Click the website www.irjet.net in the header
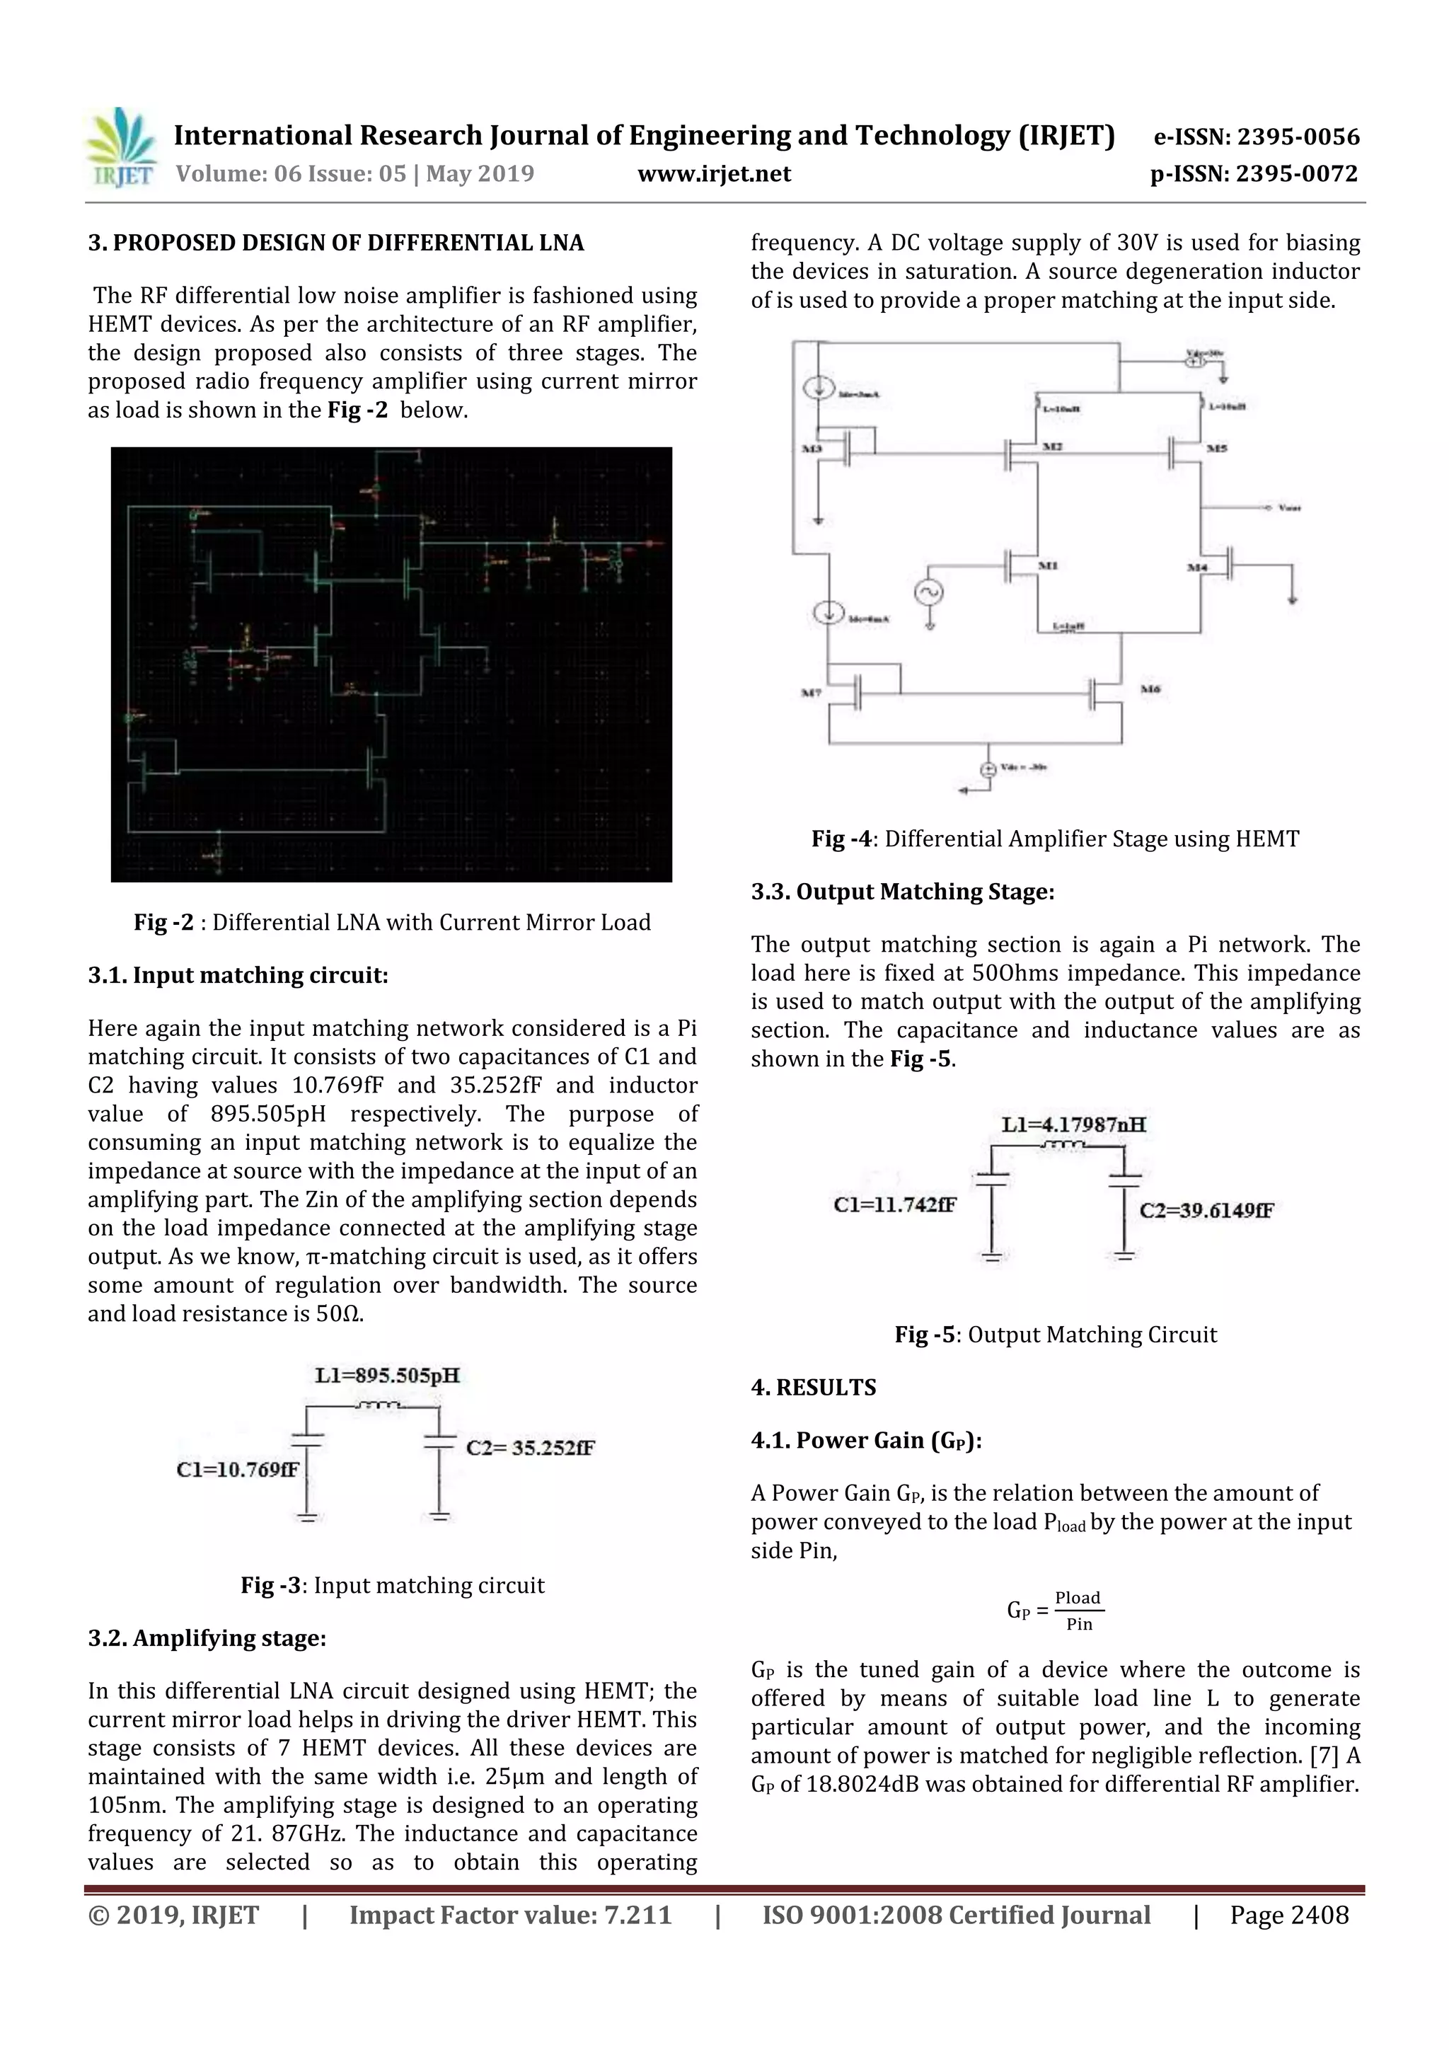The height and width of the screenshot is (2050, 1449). (713, 173)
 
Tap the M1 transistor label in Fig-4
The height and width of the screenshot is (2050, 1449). (1048, 565)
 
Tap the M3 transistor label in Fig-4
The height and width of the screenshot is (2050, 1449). (811, 448)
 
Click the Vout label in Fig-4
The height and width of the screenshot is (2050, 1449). (1289, 508)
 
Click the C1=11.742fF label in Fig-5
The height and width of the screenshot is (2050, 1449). (894, 1204)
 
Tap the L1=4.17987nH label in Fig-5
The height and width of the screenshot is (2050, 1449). (1073, 1124)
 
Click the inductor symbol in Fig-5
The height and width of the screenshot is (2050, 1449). (1060, 1145)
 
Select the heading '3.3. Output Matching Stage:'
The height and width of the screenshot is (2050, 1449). (901, 891)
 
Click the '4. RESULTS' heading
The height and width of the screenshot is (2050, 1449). (814, 1387)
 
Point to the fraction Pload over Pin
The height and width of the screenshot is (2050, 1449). (1078, 1610)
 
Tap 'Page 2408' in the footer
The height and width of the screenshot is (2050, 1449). (1288, 1914)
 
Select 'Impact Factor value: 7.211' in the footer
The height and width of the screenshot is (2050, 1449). (510, 1914)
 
